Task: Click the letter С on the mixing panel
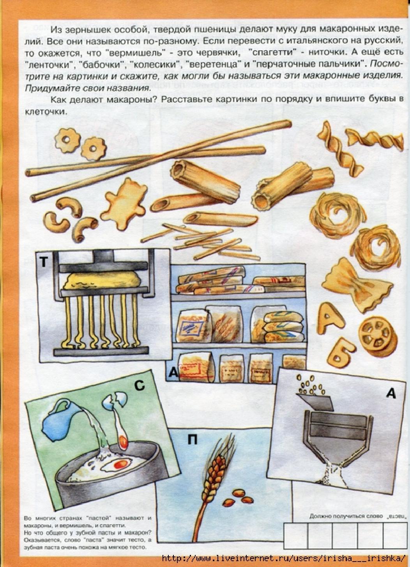click(140, 385)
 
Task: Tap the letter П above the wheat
click(193, 439)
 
